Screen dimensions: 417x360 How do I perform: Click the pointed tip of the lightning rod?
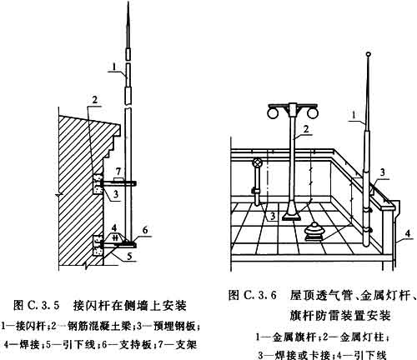[128, 2]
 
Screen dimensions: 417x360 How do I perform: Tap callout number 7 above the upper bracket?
[118, 171]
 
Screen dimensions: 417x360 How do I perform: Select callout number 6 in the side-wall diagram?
[144, 230]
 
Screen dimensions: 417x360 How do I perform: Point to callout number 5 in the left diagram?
[129, 256]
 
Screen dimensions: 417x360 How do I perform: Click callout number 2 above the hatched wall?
[95, 100]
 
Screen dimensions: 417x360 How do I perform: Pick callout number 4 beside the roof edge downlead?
[407, 233]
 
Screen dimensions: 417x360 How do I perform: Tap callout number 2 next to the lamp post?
[306, 129]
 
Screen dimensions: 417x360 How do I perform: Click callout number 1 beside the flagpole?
[354, 115]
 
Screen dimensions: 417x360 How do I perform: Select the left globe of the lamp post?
[273, 113]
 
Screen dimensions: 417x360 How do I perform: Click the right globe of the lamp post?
[312, 113]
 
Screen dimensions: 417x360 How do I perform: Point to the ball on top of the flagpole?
[369, 54]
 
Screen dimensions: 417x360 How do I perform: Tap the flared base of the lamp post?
[293, 212]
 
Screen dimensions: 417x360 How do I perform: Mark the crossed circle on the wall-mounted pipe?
[258, 162]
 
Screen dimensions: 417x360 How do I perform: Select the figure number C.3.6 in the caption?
[260, 295]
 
